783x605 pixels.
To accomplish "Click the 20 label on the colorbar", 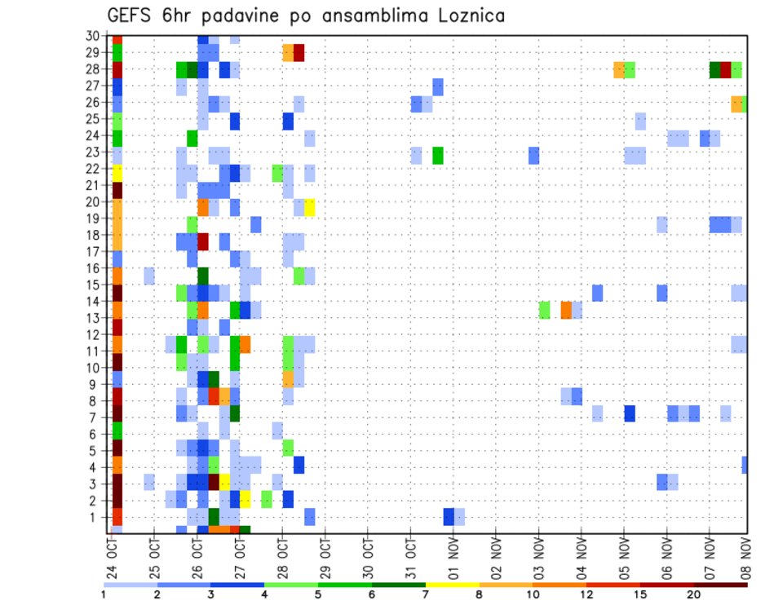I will [x=693, y=594].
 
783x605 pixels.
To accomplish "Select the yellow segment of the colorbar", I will [x=452, y=584].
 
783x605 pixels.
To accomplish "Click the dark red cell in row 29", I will [x=299, y=53].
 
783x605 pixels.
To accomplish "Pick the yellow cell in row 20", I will [x=310, y=207].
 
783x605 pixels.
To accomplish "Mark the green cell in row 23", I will [x=438, y=155].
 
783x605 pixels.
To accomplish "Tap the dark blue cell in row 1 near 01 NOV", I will [x=449, y=517].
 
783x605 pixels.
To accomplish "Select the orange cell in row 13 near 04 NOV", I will [x=566, y=310].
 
